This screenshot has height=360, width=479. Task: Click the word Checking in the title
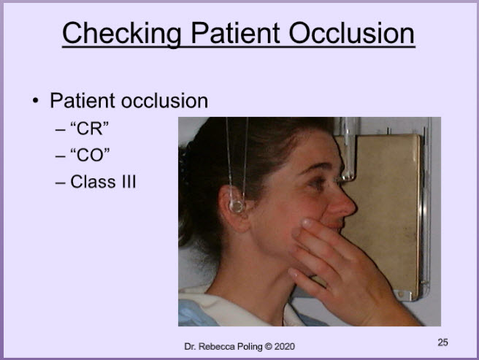coord(122,34)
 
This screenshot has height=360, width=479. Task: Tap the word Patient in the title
coord(236,33)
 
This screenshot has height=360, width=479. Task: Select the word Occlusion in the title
coord(352,33)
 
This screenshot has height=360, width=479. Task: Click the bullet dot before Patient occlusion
coord(36,100)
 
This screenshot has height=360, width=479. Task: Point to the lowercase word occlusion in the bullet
coord(165,101)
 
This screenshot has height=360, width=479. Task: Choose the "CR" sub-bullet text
coord(90,129)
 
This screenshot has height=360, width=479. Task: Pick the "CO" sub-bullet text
coord(90,155)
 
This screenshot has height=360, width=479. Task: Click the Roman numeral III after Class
coord(129,182)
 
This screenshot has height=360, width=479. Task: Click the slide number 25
coord(442,342)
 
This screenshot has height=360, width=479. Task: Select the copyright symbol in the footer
coord(268,347)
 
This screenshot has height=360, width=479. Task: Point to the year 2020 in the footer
coord(285,347)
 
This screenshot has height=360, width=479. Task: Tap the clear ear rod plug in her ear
coord(237,206)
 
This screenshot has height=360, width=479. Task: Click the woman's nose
coord(344,204)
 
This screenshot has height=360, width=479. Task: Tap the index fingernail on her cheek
coord(307,223)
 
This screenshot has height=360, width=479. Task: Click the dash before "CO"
coord(60,156)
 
